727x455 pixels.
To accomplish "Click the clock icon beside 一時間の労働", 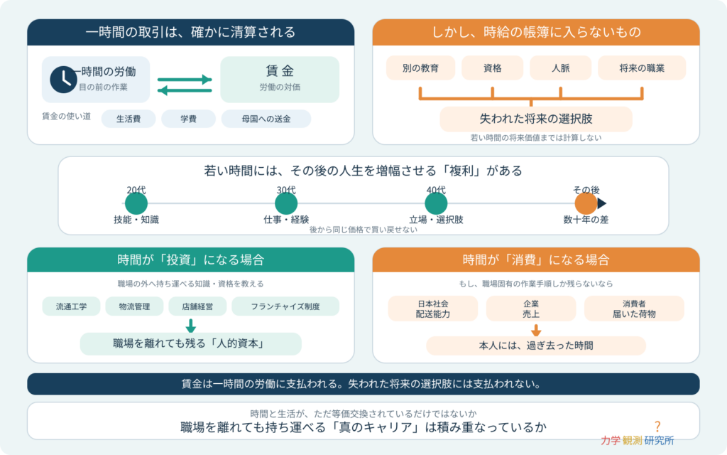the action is [63, 80].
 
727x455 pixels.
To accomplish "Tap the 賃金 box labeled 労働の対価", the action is [280, 80].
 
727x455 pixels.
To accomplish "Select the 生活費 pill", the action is [129, 119].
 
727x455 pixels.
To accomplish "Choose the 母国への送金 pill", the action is [266, 119].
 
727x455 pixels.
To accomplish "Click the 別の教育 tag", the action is [420, 68].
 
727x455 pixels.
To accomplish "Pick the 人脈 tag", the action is [561, 68].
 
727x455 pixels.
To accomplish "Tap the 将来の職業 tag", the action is [642, 68].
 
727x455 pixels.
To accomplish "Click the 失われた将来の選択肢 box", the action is [536, 119].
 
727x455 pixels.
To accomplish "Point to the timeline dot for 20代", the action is [136, 203].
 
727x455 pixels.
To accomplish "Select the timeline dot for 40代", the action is [436, 203].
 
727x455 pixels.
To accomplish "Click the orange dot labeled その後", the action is [586, 203].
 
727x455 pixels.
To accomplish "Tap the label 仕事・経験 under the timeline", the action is [286, 220].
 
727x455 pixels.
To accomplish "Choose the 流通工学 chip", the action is [72, 306].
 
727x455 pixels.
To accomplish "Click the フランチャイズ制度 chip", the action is [285, 306].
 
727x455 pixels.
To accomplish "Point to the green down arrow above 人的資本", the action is [190, 326].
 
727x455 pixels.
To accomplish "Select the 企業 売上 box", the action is [531, 309].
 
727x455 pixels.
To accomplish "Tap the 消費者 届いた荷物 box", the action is [634, 309].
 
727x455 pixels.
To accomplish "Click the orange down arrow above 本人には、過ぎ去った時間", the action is [536, 330].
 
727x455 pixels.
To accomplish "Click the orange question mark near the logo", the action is [657, 427].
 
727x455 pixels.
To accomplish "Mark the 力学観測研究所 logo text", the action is [638, 440].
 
